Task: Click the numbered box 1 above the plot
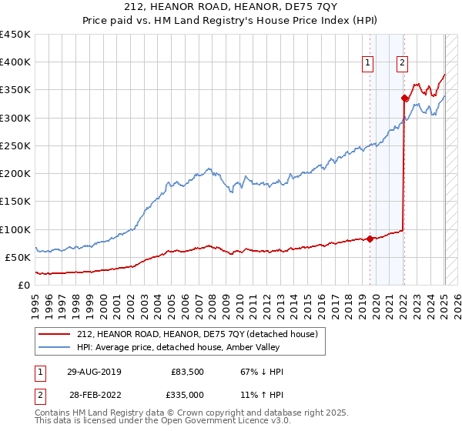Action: tap(367, 64)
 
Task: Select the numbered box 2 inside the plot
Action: tap(403, 64)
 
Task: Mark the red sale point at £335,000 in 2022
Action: tap(404, 98)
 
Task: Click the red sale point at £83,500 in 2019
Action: tap(370, 239)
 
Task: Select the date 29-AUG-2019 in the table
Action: tap(94, 372)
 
